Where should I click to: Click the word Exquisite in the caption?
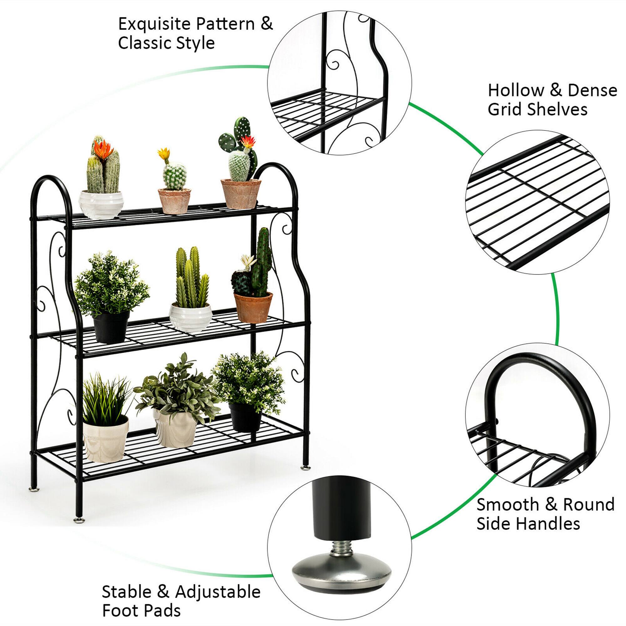154,24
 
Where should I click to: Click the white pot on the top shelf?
101,204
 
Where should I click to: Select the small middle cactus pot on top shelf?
174,201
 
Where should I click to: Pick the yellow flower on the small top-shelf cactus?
164,153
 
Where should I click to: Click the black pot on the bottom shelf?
245,417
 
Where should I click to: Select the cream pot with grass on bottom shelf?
105,439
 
